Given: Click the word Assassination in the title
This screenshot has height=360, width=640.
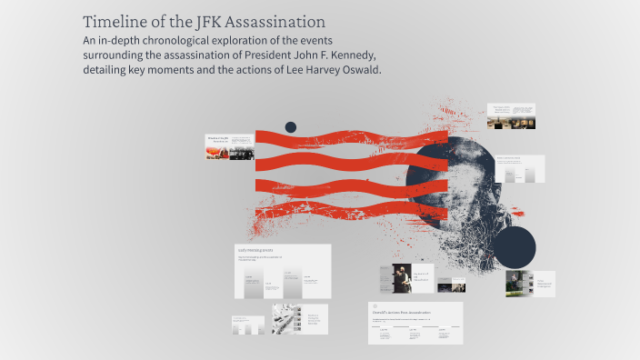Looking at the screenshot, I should click(x=274, y=21).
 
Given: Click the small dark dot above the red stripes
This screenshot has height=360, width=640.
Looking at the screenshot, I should click(x=291, y=127).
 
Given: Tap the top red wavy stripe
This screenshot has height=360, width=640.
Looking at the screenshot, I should click(x=351, y=137).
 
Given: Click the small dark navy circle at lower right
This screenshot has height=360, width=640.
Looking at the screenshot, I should click(x=515, y=247).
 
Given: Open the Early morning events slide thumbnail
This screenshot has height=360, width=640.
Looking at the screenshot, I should click(x=283, y=271).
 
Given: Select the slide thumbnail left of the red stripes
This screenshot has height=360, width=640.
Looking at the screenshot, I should click(x=229, y=147).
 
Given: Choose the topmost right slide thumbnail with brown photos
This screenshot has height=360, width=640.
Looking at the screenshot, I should click(x=511, y=116).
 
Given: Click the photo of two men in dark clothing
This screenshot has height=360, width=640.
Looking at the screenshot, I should click(x=401, y=278).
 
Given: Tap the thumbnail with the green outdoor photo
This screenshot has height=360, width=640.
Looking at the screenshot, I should click(x=519, y=284).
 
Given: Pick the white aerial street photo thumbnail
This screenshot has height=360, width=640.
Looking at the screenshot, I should click(x=287, y=319).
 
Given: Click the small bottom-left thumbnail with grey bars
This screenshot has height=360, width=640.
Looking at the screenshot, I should click(x=247, y=325).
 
